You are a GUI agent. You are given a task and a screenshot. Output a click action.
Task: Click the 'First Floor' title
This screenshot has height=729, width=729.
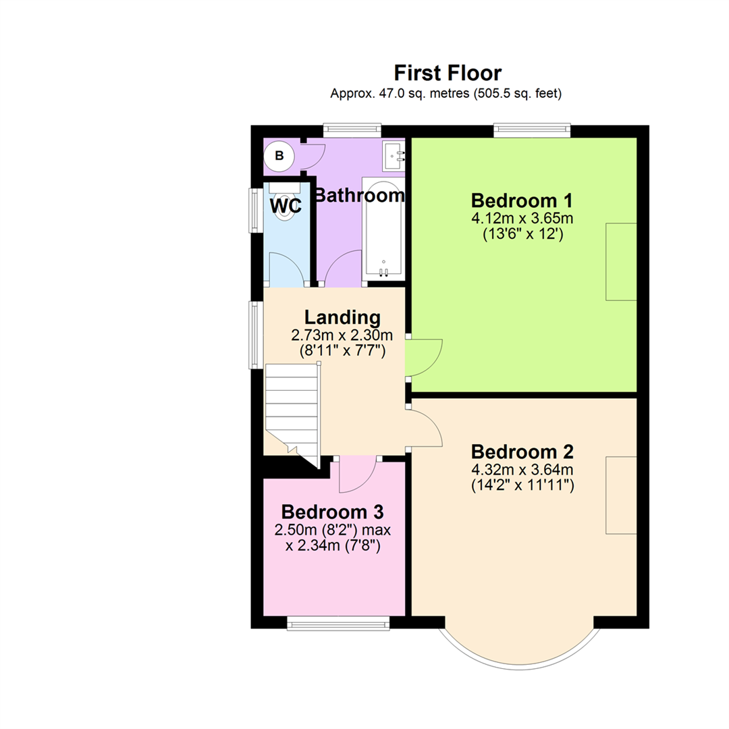point(448,72)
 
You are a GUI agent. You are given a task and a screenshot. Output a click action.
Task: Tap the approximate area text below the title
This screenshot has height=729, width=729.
point(446,94)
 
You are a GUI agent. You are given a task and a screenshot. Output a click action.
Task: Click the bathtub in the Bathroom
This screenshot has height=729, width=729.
point(383,229)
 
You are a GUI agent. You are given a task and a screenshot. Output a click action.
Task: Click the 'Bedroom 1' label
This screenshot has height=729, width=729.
point(522,200)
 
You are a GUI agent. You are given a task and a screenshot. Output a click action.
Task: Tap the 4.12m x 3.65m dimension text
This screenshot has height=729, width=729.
point(522,218)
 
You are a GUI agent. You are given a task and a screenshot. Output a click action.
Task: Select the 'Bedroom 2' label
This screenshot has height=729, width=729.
point(522,451)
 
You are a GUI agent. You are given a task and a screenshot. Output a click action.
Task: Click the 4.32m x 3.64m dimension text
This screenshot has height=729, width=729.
point(522,468)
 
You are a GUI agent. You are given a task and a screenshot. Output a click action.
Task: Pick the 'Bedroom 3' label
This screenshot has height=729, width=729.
point(333,510)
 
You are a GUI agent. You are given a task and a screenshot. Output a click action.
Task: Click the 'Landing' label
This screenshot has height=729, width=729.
point(342,317)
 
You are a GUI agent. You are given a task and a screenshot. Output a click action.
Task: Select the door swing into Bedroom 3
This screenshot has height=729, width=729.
point(356,475)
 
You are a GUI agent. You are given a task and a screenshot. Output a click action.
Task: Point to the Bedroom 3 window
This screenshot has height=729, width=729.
point(338,624)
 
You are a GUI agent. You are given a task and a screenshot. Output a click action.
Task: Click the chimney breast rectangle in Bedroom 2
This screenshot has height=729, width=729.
point(621,495)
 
